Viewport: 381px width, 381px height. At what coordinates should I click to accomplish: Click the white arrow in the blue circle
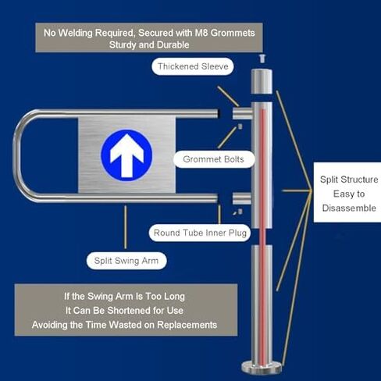[x=126, y=155]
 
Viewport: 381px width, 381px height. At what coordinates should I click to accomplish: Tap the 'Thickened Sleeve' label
[x=193, y=66]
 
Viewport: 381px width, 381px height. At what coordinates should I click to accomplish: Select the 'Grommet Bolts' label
[x=213, y=159]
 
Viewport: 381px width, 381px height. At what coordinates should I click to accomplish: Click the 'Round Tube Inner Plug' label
[x=200, y=233]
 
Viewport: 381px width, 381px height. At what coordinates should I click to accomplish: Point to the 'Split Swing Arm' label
[x=126, y=261]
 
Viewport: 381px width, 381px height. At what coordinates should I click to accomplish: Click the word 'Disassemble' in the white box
[x=349, y=208]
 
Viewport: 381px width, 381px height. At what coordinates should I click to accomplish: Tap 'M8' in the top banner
[x=201, y=33]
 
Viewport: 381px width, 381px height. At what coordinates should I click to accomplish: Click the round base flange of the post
[x=262, y=368]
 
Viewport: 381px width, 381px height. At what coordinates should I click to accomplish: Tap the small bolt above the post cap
[x=262, y=59]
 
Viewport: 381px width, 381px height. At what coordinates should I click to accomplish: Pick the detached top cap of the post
[x=262, y=81]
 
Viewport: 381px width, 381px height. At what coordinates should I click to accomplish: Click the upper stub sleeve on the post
[x=242, y=113]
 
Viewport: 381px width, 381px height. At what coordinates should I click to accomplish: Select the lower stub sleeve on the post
[x=242, y=198]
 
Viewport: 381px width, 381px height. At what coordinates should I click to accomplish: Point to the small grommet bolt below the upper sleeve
[x=240, y=126]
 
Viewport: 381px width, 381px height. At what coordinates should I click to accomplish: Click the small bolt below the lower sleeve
[x=240, y=212]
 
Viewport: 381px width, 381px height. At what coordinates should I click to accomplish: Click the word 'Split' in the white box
[x=329, y=180]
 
